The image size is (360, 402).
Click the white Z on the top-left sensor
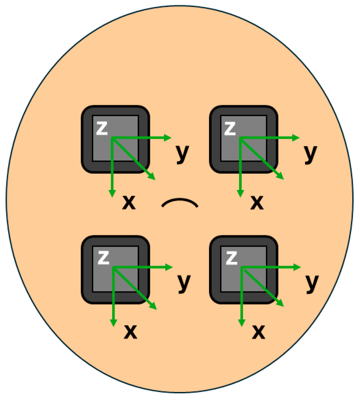pyautogui.click(x=102, y=129)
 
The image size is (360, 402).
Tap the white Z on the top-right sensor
pyautogui.click(x=230, y=129)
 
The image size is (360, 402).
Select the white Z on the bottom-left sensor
pyautogui.click(x=103, y=258)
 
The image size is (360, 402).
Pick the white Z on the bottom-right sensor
pyautogui.click(x=231, y=258)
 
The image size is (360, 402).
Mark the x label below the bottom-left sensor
pyautogui.click(x=130, y=332)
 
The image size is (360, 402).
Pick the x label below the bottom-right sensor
pyautogui.click(x=258, y=332)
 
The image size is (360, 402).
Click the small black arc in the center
pyautogui.click(x=180, y=202)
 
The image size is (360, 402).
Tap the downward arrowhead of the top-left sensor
pyautogui.click(x=112, y=194)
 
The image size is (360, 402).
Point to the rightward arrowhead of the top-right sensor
pyautogui.click(x=296, y=138)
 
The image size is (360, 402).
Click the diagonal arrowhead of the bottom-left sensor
pyautogui.click(x=153, y=307)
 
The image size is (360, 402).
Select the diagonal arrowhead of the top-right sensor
pyautogui.click(x=280, y=177)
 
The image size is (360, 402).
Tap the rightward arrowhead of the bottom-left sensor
pyautogui.click(x=170, y=267)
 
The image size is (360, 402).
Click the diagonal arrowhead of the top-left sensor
pyautogui.click(x=152, y=177)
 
